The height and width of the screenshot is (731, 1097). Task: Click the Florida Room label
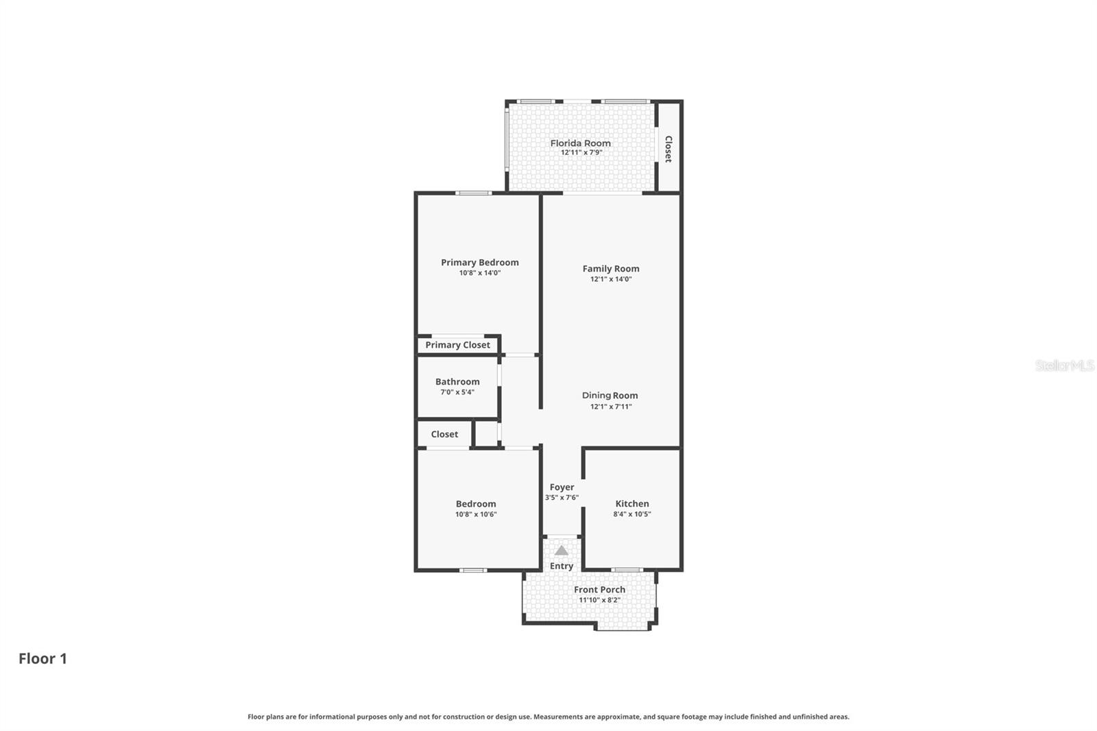coord(580,143)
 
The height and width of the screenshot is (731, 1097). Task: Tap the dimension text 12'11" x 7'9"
coord(581,153)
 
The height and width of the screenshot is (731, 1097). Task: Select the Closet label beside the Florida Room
coord(668,149)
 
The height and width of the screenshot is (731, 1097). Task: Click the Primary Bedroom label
coord(479,262)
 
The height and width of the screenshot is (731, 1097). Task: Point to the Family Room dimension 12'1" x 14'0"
coord(610,279)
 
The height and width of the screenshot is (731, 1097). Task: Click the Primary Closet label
coord(457,345)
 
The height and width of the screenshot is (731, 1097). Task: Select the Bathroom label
coord(457,382)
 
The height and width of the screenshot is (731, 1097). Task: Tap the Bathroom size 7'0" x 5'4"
coord(457,392)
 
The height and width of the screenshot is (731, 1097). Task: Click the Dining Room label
coord(610,396)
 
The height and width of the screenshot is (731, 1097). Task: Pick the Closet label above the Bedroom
coord(444,434)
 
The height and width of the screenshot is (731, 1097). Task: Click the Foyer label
coord(562,488)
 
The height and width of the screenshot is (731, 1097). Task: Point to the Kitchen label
coord(631,503)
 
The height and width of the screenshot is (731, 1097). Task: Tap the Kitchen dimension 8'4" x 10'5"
coord(631,514)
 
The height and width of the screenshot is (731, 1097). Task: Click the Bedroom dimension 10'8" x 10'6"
coord(476,514)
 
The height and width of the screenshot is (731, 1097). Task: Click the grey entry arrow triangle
coord(562,551)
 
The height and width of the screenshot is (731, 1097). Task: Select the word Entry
coord(562,566)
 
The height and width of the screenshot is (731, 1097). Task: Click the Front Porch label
coord(599,590)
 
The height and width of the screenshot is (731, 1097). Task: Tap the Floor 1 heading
coord(43,658)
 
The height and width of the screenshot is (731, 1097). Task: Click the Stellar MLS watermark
coord(1064,365)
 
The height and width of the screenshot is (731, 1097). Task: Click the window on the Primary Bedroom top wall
coord(474,193)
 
